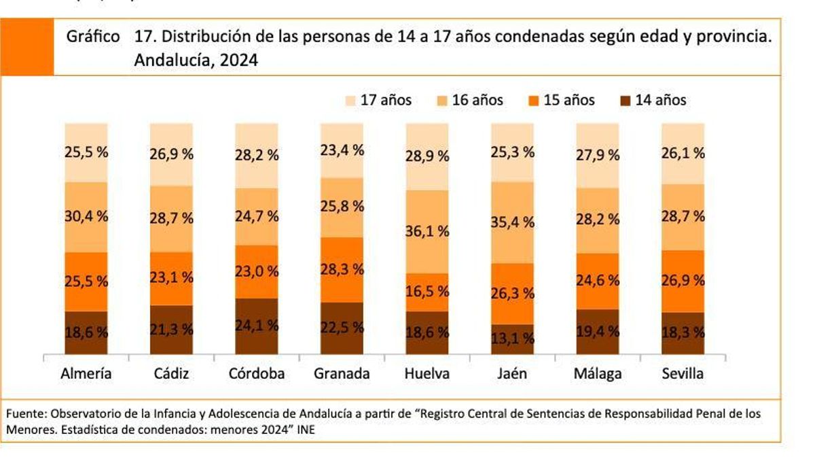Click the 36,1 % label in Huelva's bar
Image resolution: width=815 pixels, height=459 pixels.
point(427,231)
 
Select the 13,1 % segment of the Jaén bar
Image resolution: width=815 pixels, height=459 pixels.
point(512,338)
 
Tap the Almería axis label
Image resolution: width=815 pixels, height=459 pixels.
point(86,373)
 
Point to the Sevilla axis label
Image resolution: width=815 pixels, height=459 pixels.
point(683,373)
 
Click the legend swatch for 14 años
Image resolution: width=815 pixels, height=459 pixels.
point(626,101)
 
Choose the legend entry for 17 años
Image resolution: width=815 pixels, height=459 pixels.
point(378,100)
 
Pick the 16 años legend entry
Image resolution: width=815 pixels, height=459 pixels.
point(469,100)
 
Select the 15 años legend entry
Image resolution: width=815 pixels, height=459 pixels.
point(561,100)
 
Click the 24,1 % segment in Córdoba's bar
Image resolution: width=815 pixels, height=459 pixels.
point(257,326)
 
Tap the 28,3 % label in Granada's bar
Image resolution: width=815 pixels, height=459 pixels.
point(342,269)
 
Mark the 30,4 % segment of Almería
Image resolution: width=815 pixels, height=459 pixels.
point(86,217)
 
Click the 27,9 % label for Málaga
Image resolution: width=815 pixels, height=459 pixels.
point(598,155)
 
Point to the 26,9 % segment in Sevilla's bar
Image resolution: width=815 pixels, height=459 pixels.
point(683,281)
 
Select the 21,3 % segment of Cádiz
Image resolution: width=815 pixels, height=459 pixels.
point(171,330)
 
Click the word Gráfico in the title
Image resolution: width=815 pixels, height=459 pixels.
point(93,37)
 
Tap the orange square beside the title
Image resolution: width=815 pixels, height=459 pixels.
point(28,47)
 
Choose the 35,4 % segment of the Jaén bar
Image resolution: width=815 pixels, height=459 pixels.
point(512,222)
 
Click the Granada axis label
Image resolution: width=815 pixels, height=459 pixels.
point(342,373)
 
